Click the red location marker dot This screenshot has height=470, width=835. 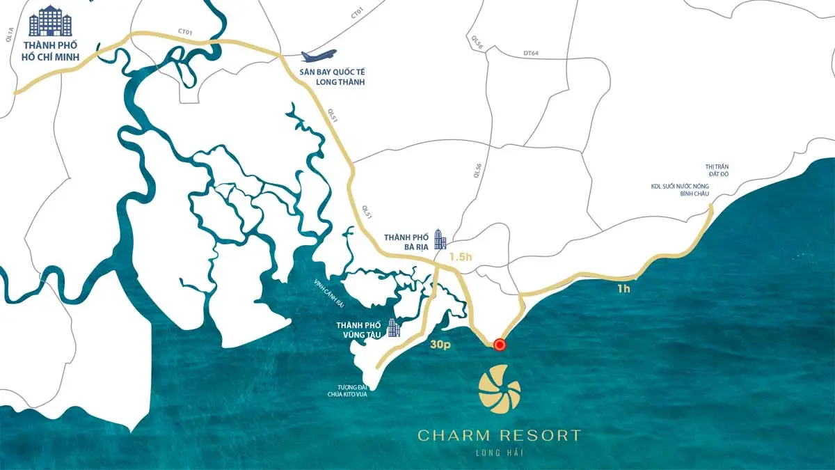point(500,344)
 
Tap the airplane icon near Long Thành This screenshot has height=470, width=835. point(319,56)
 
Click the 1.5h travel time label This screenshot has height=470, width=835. point(461,256)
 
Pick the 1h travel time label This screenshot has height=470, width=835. point(623,288)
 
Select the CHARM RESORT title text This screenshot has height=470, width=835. point(499,436)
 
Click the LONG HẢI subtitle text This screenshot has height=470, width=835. point(499,454)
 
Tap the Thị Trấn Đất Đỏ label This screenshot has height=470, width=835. point(717,171)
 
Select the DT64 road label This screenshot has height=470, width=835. point(531,54)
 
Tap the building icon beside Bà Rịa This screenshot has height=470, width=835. point(440,239)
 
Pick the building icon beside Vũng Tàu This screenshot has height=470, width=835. point(394,327)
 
